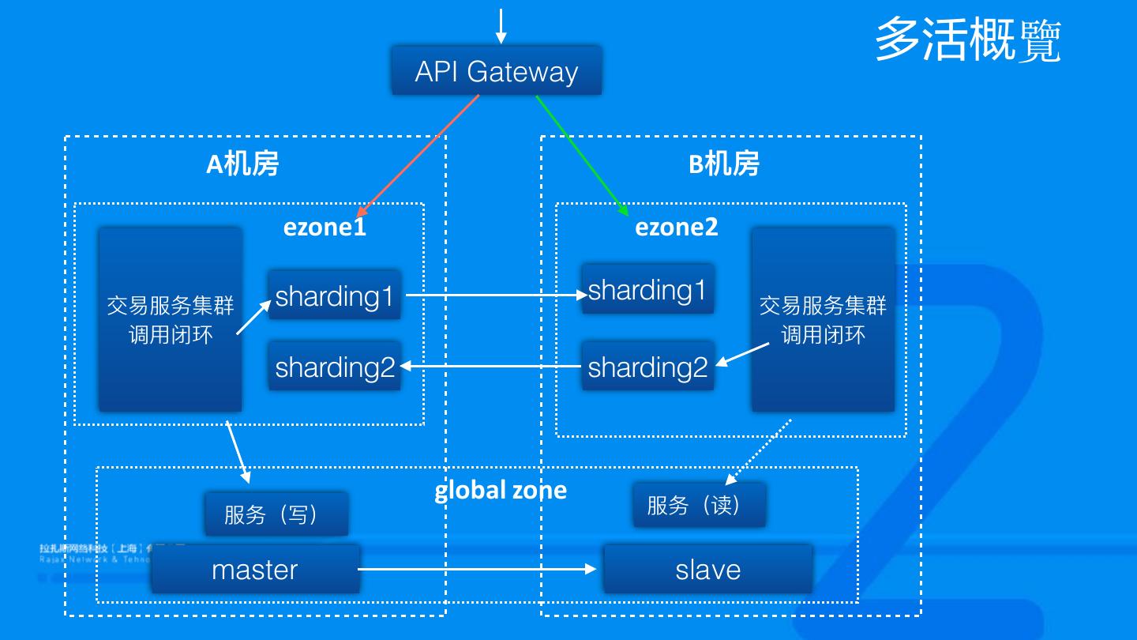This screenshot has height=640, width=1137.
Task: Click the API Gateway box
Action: [497, 71]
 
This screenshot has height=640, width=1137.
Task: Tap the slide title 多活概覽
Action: [967, 40]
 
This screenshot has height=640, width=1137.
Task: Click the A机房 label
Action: [242, 164]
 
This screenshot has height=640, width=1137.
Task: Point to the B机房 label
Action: [724, 164]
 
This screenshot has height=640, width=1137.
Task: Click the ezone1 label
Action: [325, 228]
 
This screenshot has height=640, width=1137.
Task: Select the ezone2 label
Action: [677, 228]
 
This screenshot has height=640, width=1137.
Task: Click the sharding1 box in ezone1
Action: [334, 296]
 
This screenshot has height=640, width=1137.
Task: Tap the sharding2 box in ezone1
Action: [334, 367]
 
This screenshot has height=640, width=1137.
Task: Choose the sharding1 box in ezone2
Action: [647, 289]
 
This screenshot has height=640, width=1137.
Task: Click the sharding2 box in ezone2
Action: [647, 367]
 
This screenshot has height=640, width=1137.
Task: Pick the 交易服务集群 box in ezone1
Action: [171, 319]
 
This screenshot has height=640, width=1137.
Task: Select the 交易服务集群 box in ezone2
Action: [823, 319]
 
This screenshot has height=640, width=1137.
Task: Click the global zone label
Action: [501, 490]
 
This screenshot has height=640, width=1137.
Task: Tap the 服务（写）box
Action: [276, 514]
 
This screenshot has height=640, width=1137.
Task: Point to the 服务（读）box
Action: [699, 505]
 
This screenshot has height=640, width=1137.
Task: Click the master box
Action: [255, 569]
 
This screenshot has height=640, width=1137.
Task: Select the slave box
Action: [707, 569]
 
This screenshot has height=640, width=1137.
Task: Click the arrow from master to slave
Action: [478, 569]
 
